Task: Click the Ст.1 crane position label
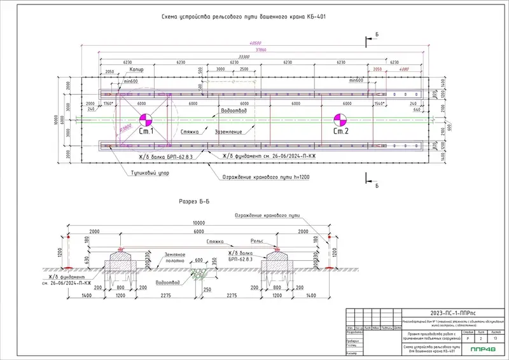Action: pos(147,132)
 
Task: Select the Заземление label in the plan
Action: pos(228,132)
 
